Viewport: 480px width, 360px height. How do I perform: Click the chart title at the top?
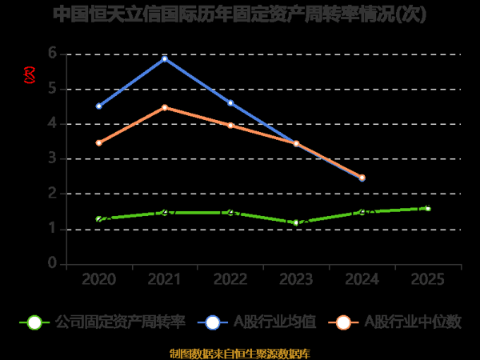pyautogui.click(x=239, y=14)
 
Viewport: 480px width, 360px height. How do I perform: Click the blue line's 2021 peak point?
pyautogui.click(x=164, y=58)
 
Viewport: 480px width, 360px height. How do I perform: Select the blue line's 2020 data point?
pyautogui.click(x=98, y=106)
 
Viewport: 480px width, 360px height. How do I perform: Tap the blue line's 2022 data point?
pyautogui.click(x=230, y=102)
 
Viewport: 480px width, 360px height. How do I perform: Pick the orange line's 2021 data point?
pyautogui.click(x=164, y=107)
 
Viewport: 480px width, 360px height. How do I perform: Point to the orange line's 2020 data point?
pyautogui.click(x=98, y=142)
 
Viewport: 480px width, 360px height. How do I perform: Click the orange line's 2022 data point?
pyautogui.click(x=230, y=125)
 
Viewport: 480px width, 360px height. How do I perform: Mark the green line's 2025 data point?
pyautogui.click(x=428, y=208)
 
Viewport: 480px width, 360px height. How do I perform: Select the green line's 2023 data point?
pyautogui.click(x=296, y=222)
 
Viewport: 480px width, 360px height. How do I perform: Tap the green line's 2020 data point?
pyautogui.click(x=98, y=218)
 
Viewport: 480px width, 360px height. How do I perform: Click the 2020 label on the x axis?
pyautogui.click(x=98, y=279)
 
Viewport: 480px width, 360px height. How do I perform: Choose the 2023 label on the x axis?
pyautogui.click(x=296, y=279)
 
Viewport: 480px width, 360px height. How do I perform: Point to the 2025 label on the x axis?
pyautogui.click(x=428, y=279)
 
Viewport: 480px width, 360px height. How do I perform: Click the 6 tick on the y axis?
pyautogui.click(x=53, y=54)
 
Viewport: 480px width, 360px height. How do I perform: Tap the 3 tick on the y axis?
pyautogui.click(x=53, y=158)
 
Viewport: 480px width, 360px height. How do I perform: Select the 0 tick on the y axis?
pyautogui.click(x=53, y=263)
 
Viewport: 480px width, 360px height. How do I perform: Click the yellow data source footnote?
pyautogui.click(x=239, y=353)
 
